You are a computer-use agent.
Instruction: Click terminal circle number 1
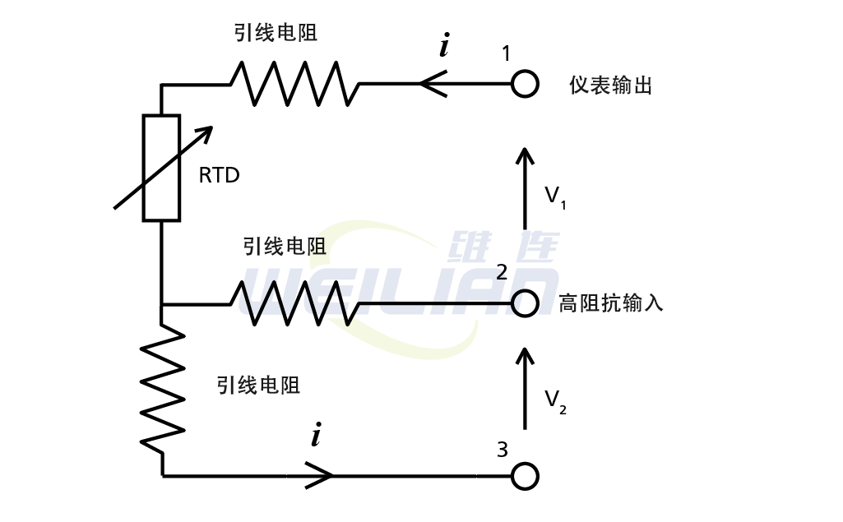[525, 84]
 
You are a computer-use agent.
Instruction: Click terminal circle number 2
[525, 303]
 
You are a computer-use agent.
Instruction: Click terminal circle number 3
[525, 476]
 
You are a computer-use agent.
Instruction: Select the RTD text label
[219, 175]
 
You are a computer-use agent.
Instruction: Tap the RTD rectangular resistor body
[161, 169]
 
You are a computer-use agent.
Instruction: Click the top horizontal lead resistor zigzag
[294, 83]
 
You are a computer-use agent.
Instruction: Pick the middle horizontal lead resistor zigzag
[294, 303]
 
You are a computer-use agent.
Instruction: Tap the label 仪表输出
[610, 85]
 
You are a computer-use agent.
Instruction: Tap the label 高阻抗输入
[610, 303]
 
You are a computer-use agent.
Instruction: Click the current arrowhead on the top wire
[433, 83]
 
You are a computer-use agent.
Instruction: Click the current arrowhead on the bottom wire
[321, 475]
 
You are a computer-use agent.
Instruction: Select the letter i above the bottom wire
[316, 435]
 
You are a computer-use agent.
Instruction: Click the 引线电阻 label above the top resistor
[276, 34]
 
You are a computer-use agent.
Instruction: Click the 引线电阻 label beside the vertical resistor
[258, 385]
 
